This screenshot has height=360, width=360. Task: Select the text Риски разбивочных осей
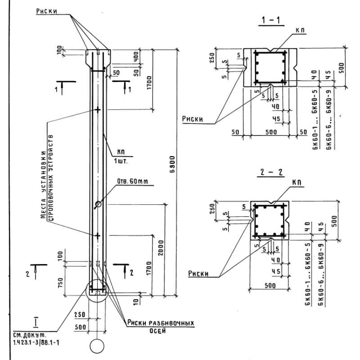point(160,326)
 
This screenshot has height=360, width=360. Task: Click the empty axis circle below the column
point(97,346)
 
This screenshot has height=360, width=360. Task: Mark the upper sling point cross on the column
point(97,109)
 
